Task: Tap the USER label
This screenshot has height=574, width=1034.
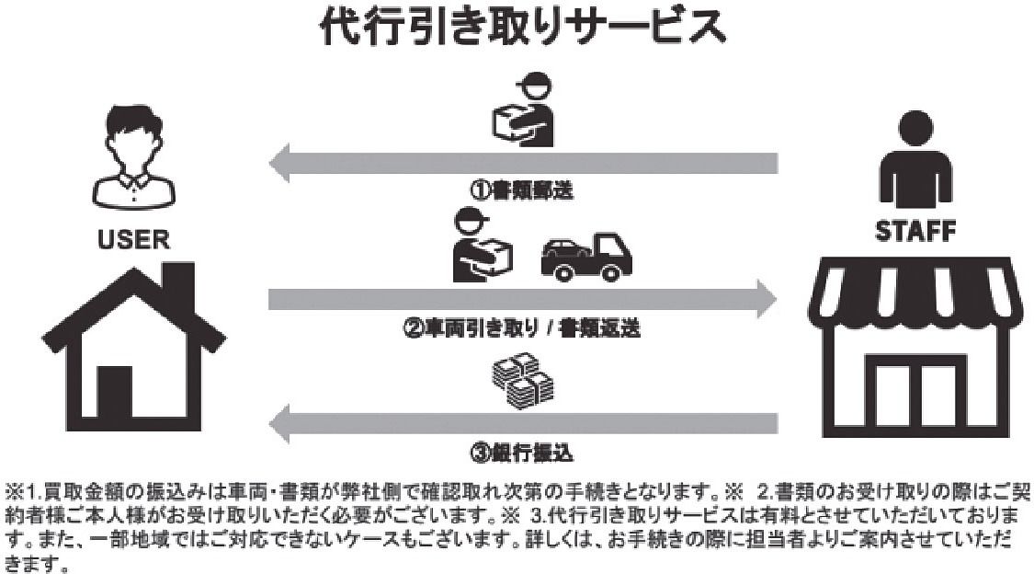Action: pos(133,241)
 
